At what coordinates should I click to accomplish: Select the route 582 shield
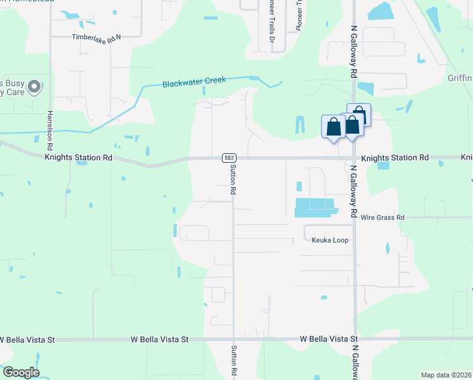228,158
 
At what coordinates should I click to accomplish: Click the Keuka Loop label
330,240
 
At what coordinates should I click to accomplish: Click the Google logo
21,372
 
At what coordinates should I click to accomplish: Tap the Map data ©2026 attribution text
446,375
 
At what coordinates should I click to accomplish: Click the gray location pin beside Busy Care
35,86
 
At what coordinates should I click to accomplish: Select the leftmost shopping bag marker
333,126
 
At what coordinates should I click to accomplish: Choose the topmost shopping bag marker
359,115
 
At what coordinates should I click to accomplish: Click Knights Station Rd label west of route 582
78,157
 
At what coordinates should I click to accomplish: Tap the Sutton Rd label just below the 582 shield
233,178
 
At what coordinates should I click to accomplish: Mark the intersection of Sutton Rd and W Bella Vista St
234,339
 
